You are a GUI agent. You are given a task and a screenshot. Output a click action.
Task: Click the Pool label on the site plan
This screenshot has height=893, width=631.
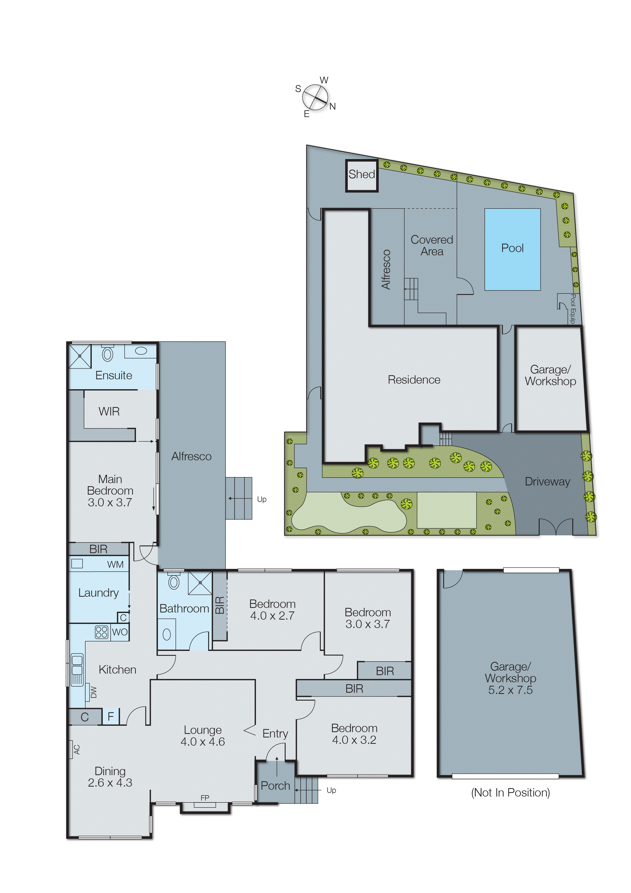click(x=512, y=248)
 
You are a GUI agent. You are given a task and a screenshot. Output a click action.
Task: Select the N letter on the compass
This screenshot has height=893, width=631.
click(x=333, y=107)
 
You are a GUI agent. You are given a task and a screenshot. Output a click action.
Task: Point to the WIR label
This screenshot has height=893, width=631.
click(x=109, y=411)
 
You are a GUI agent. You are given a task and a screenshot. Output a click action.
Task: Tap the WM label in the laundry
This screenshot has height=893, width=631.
click(x=115, y=564)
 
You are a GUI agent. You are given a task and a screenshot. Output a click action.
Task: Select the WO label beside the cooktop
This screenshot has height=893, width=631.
click(x=120, y=632)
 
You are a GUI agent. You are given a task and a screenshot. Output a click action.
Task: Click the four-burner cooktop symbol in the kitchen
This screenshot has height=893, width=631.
click(x=101, y=632)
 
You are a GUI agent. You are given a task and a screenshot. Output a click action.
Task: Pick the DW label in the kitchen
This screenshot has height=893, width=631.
click(x=94, y=692)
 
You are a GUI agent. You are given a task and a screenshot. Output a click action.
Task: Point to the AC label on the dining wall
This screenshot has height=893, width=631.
click(x=77, y=749)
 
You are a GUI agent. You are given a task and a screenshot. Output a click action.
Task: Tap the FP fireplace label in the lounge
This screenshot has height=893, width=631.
click(x=205, y=798)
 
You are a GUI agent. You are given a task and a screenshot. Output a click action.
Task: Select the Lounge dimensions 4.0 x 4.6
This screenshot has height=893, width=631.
click(x=202, y=742)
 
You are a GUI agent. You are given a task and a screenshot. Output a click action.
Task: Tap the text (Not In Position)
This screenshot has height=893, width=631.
click(x=510, y=793)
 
